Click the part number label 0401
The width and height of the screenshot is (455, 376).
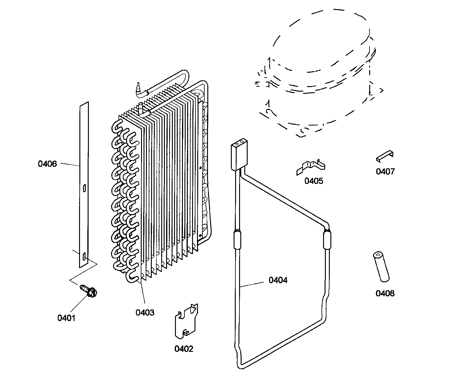click(x=66, y=318)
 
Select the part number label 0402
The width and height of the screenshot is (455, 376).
click(x=184, y=349)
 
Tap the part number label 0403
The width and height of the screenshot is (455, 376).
click(x=145, y=312)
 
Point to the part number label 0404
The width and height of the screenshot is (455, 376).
click(x=278, y=280)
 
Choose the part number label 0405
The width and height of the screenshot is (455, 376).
click(x=314, y=181)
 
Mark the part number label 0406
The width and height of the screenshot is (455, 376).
click(x=47, y=164)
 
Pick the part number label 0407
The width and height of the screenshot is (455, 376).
click(x=385, y=171)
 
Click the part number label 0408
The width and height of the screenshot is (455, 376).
click(x=385, y=294)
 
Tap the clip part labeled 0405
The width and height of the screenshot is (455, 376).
click(x=311, y=167)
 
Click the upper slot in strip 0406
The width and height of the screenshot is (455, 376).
click(x=84, y=188)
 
